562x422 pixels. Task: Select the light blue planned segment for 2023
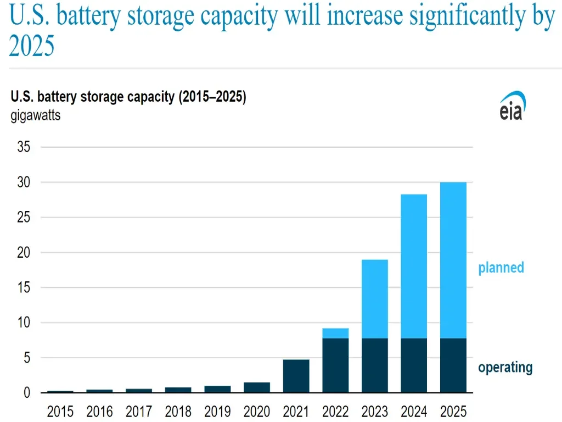(x=375, y=299)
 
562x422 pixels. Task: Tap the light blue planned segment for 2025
(x=453, y=260)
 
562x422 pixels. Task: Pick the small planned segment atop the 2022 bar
(x=335, y=333)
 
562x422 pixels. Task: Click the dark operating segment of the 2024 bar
(x=414, y=365)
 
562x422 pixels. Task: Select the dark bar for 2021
(x=296, y=376)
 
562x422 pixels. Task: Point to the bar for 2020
(x=257, y=387)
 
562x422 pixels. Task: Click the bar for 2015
(x=60, y=391)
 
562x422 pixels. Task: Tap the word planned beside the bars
(x=501, y=268)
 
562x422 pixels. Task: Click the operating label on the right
(x=505, y=367)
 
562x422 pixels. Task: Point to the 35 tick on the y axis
(x=24, y=147)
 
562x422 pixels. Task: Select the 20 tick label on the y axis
(x=24, y=253)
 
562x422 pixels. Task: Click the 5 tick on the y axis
(x=26, y=358)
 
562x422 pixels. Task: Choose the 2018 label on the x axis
(x=178, y=411)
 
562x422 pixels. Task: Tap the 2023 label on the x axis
(x=375, y=411)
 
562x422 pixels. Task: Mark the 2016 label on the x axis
(x=99, y=411)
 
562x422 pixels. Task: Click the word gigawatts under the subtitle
(x=36, y=116)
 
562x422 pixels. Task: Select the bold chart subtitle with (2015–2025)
(x=128, y=98)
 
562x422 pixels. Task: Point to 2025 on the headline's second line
(x=32, y=47)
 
